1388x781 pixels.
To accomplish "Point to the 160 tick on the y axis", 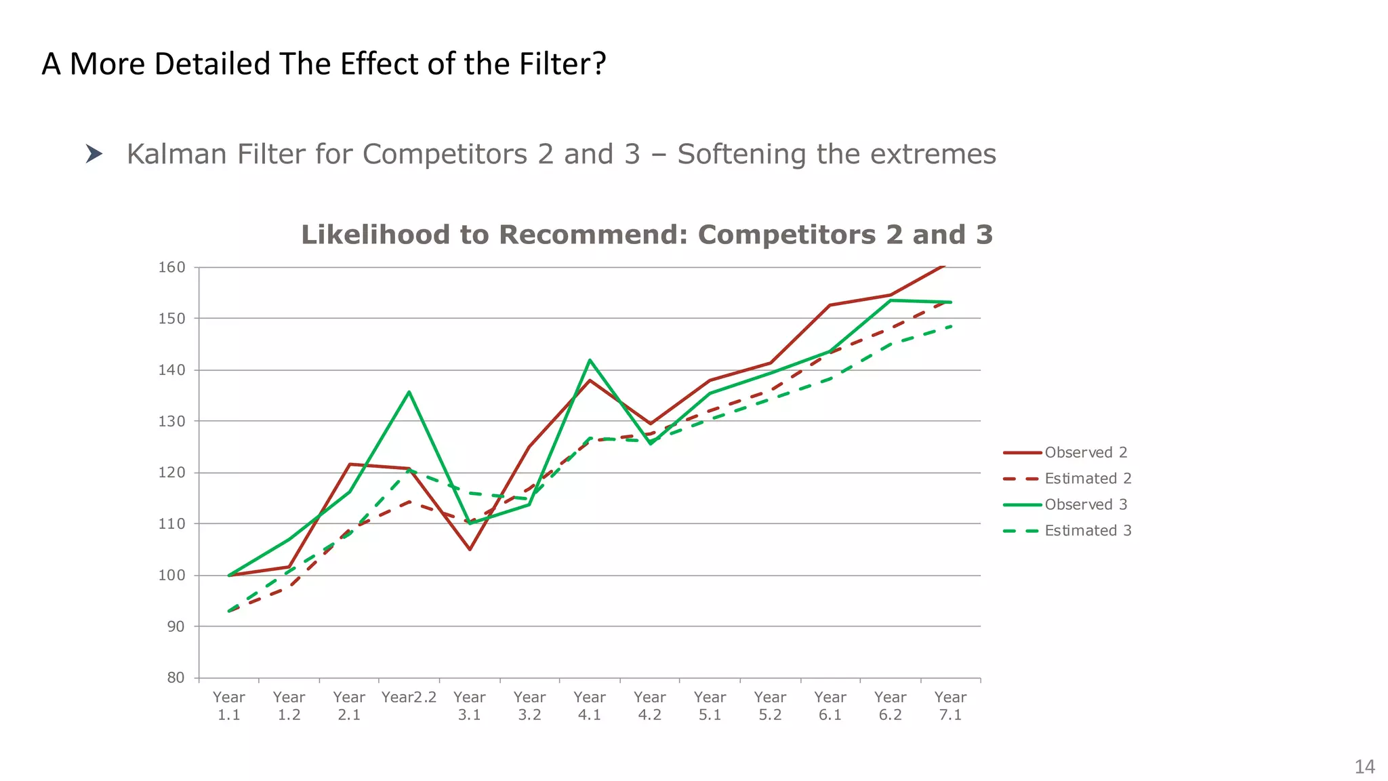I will (x=171, y=267).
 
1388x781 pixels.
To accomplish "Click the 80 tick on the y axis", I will (x=176, y=677).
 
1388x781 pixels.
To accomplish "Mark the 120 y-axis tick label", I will (x=171, y=473).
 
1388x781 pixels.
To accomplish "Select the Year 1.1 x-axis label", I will (x=229, y=706).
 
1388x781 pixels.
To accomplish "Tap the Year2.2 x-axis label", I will (x=409, y=698).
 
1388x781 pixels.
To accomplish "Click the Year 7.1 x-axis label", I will (x=950, y=706).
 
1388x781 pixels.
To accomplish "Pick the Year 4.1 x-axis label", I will (x=590, y=706).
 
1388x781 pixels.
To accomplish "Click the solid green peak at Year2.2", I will (x=409, y=392).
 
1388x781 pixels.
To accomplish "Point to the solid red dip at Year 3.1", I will (x=470, y=549).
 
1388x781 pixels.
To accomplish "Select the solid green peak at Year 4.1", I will (x=590, y=360).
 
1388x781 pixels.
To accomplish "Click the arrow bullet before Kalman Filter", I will (x=94, y=154).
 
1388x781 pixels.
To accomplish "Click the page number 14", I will (x=1364, y=767).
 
